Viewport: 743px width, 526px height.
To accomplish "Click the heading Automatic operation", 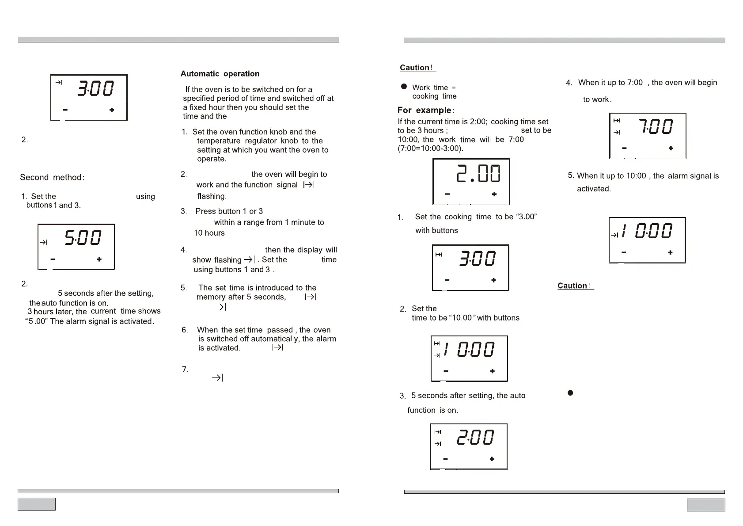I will pyautogui.click(x=220, y=74).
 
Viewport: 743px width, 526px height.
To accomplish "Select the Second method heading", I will pyautogui.click(x=52, y=178).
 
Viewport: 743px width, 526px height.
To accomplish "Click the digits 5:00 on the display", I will pyautogui.click(x=83, y=238).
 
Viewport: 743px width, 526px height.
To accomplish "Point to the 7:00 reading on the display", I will pyautogui.click(x=656, y=127).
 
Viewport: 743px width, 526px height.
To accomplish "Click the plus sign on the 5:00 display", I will pyautogui.click(x=99, y=259).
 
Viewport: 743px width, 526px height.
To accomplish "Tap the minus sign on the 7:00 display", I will pyautogui.click(x=624, y=149).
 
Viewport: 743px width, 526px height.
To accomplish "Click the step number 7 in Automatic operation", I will pyautogui.click(x=185, y=369).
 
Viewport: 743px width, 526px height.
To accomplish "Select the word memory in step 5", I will pyautogui.click(x=211, y=297).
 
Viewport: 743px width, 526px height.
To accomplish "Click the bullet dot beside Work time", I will pyautogui.click(x=404, y=87).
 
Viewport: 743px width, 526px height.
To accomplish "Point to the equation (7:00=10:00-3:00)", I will pyautogui.click(x=431, y=149).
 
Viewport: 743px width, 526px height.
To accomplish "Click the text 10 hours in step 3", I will pyautogui.click(x=210, y=233).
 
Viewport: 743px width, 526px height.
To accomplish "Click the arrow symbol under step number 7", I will pyautogui.click(x=218, y=378).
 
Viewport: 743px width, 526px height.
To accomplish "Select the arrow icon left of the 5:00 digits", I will pyautogui.click(x=43, y=242).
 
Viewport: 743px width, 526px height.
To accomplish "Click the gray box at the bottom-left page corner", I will pyautogui.click(x=37, y=504).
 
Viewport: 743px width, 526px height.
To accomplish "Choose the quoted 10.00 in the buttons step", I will pyautogui.click(x=461, y=318).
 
